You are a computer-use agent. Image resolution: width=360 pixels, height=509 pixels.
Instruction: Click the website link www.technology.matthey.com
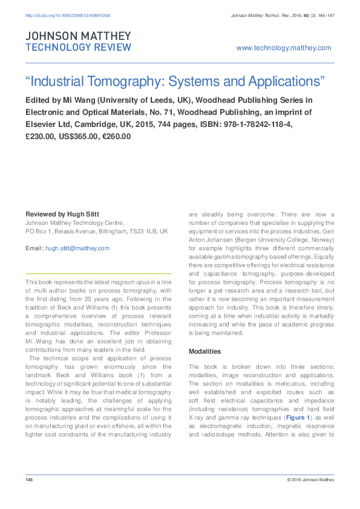click(x=284, y=48)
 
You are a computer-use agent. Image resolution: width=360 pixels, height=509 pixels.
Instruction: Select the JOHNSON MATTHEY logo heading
click(x=77, y=36)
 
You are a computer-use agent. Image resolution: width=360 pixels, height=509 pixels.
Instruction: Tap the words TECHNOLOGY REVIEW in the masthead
click(x=77, y=47)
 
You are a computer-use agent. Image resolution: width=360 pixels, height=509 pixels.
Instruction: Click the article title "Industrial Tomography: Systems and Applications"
click(x=175, y=81)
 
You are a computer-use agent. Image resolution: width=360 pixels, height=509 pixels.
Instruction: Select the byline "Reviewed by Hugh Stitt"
click(x=62, y=215)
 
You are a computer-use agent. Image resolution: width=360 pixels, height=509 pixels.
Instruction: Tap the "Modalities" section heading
click(x=205, y=351)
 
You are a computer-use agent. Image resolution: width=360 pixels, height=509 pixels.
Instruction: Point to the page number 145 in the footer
click(x=28, y=479)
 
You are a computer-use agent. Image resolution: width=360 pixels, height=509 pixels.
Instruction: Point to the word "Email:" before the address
click(x=34, y=248)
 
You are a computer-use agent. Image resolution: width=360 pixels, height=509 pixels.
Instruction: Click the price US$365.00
click(x=77, y=136)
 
